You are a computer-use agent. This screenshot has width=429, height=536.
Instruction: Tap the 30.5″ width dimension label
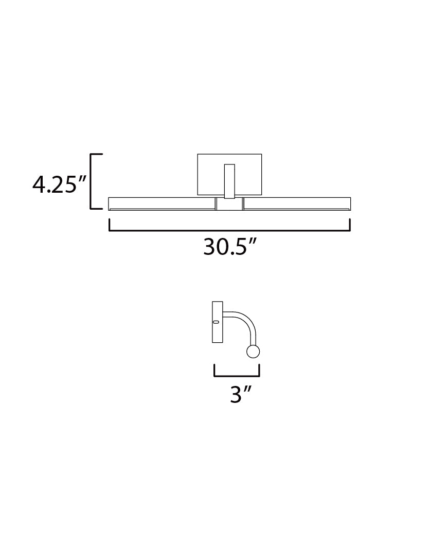pyautogui.click(x=229, y=248)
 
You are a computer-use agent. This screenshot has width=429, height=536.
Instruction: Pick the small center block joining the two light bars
pyautogui.click(x=229, y=204)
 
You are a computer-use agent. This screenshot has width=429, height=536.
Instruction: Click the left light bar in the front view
pyautogui.click(x=161, y=204)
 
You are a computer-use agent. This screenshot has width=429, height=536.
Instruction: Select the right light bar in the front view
pyautogui.click(x=297, y=204)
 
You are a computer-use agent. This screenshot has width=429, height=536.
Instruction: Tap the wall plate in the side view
pyautogui.click(x=217, y=322)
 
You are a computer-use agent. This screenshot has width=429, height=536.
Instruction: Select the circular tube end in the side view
pyautogui.click(x=253, y=352)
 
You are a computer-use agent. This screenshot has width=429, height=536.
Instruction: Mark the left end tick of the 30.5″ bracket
pyautogui.click(x=109, y=225)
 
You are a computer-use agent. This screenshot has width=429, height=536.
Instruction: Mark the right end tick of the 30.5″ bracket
pyautogui.click(x=350, y=225)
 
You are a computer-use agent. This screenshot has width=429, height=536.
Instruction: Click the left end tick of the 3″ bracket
pyautogui.click(x=214, y=370)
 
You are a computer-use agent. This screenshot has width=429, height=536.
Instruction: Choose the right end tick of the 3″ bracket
pyautogui.click(x=259, y=370)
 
